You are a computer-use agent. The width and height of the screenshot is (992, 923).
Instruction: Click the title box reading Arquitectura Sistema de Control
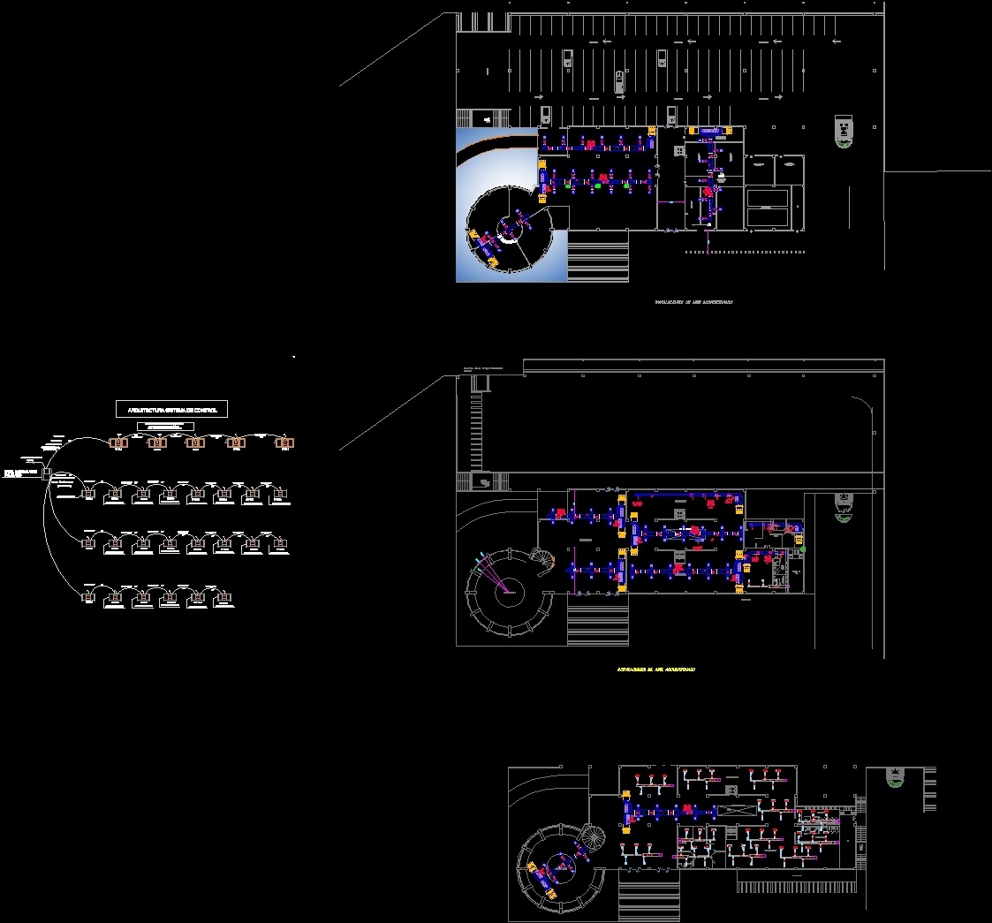[x=172, y=408]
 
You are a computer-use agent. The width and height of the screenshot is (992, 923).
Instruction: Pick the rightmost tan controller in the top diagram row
[x=284, y=443]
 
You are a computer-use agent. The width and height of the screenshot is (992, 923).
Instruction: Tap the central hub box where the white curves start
[x=46, y=473]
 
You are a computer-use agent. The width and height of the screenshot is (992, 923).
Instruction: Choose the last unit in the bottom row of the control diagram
[x=225, y=597]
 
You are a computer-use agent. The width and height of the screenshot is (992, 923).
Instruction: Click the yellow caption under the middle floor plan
[x=655, y=670]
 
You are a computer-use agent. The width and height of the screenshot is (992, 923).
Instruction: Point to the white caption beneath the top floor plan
[x=693, y=302]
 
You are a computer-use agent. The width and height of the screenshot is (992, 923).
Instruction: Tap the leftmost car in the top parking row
[x=566, y=59]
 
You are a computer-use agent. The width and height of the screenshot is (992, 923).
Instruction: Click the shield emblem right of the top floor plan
[x=844, y=132]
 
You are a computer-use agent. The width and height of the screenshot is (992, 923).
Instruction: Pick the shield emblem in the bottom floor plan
[x=895, y=777]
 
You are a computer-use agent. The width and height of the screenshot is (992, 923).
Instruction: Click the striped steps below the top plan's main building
[x=597, y=255]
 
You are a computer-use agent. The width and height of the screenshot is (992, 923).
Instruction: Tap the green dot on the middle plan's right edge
[x=803, y=549]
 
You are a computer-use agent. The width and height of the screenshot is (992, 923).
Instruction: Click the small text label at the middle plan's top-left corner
[x=483, y=368]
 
